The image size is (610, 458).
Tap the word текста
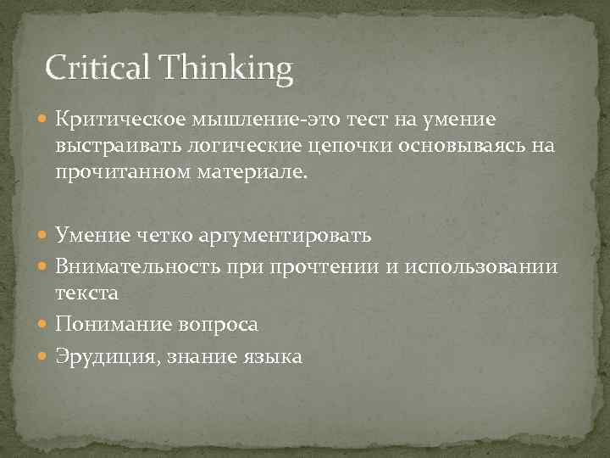[87, 293]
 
